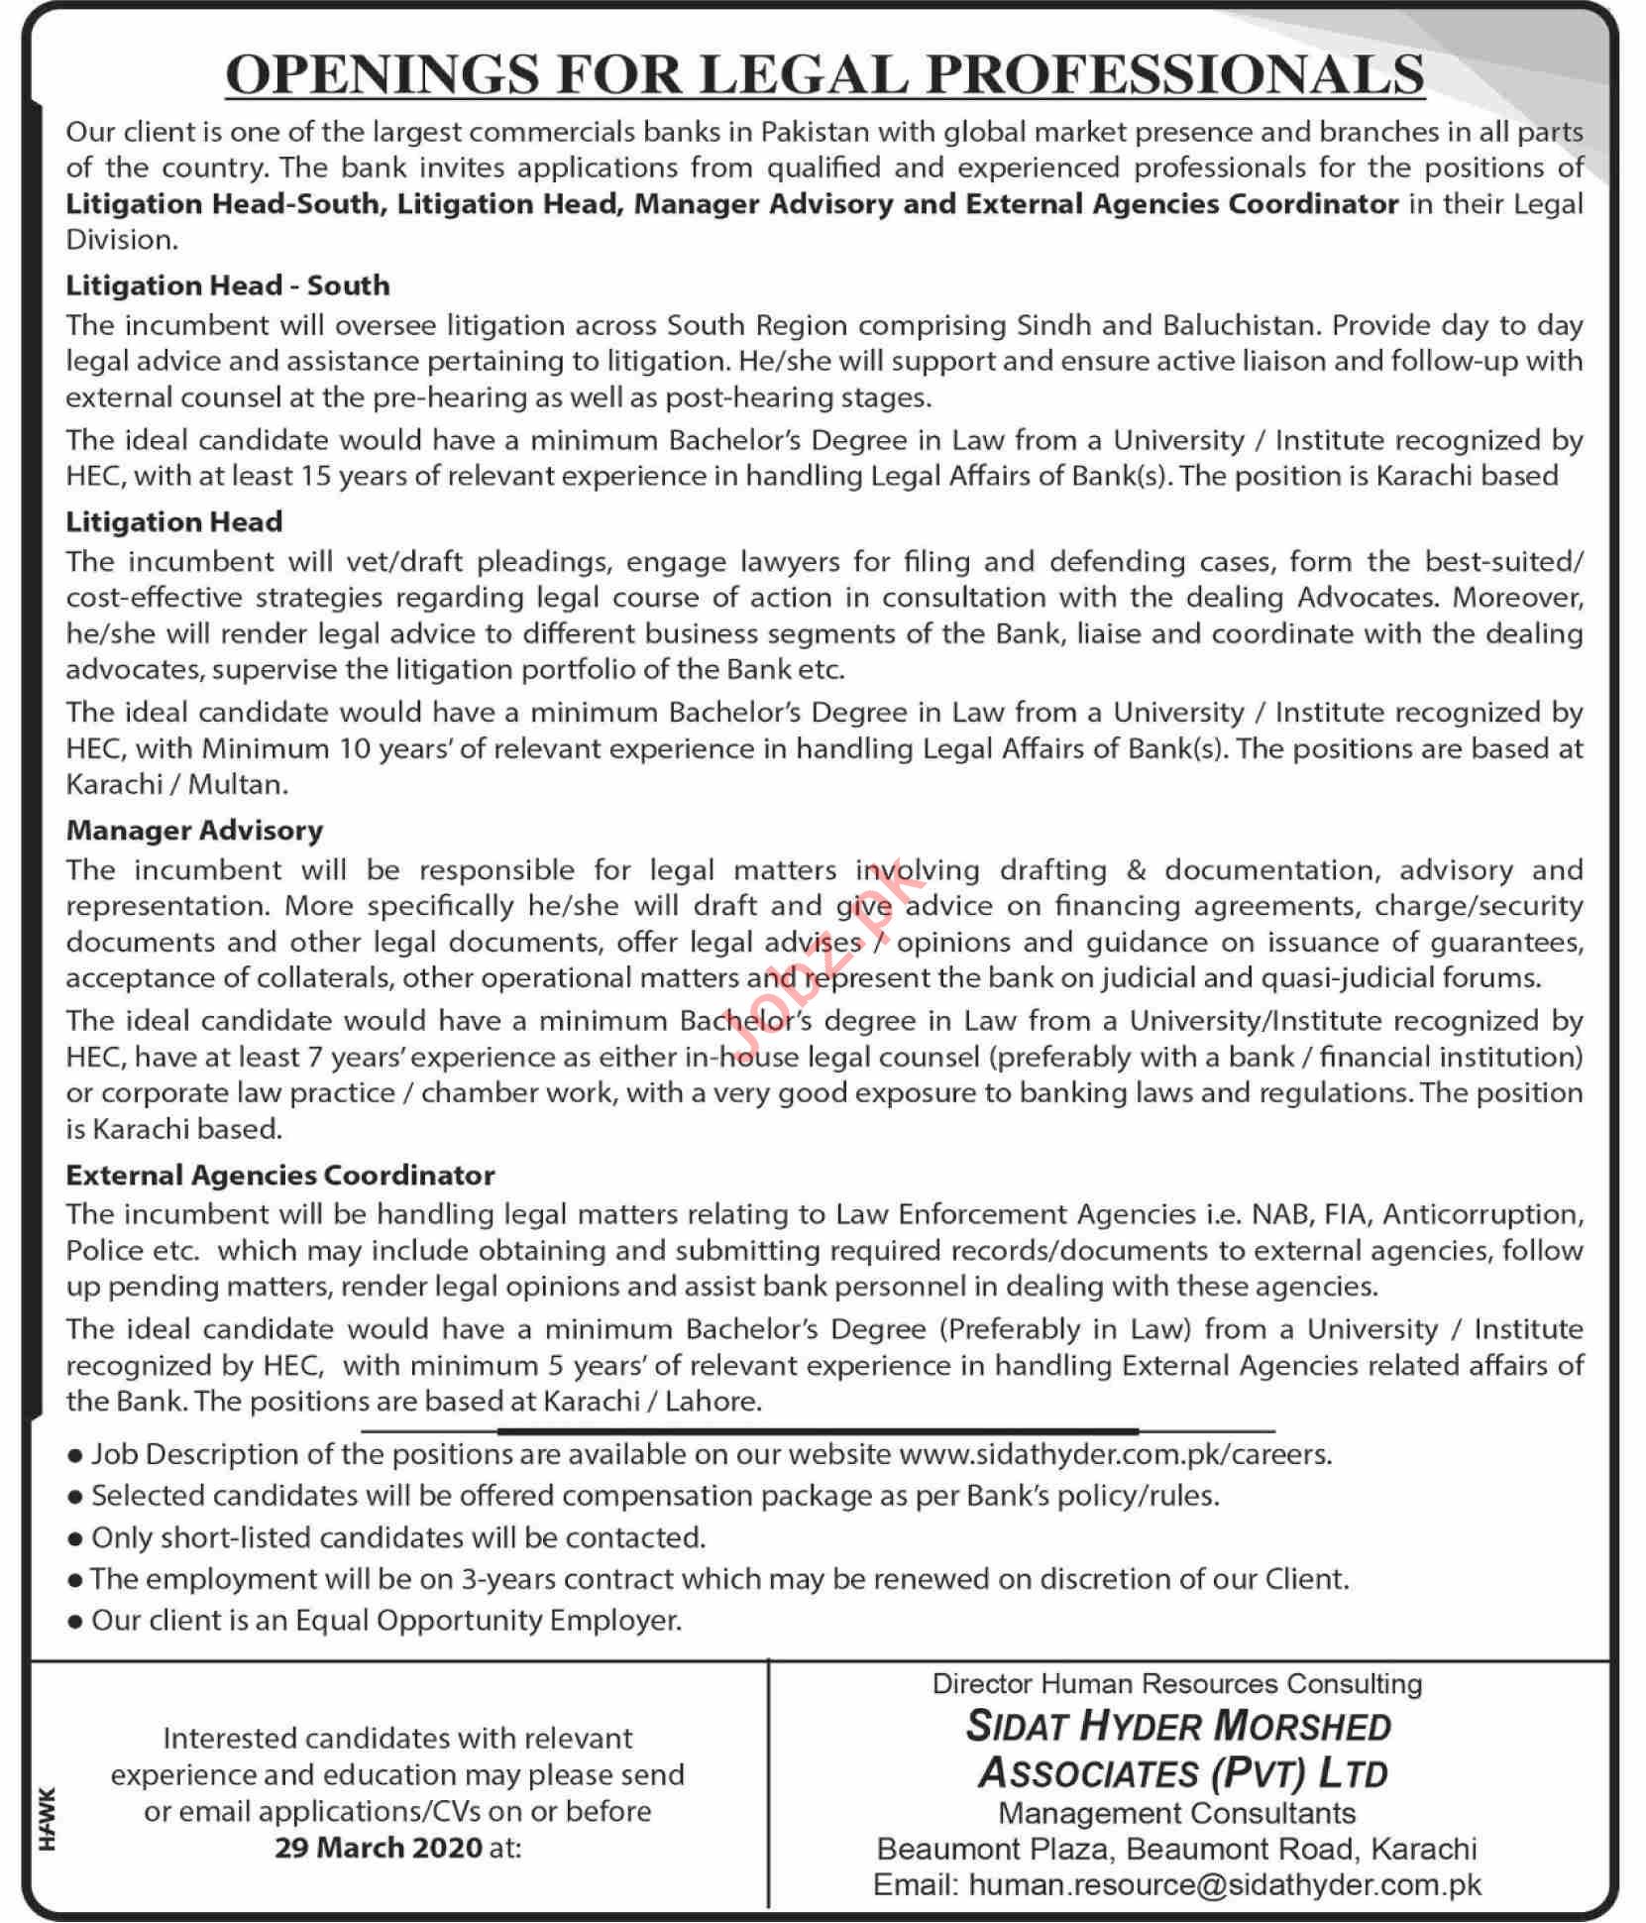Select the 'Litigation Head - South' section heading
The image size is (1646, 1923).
point(228,285)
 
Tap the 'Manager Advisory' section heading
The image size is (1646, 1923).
point(194,830)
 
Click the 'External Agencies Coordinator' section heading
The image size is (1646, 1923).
point(280,1175)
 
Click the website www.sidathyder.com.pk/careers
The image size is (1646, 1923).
point(1114,1454)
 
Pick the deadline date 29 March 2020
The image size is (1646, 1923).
point(380,1848)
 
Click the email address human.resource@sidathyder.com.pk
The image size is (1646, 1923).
point(1225,1884)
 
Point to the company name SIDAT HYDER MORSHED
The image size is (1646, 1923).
point(1178,1726)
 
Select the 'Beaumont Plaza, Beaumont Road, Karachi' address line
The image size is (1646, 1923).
point(1176,1849)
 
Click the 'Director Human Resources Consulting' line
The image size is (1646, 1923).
point(1176,1683)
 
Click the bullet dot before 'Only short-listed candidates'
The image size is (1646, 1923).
point(74,1539)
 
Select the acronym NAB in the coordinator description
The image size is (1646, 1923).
point(1282,1214)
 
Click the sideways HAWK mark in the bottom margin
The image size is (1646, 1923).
point(50,1818)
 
